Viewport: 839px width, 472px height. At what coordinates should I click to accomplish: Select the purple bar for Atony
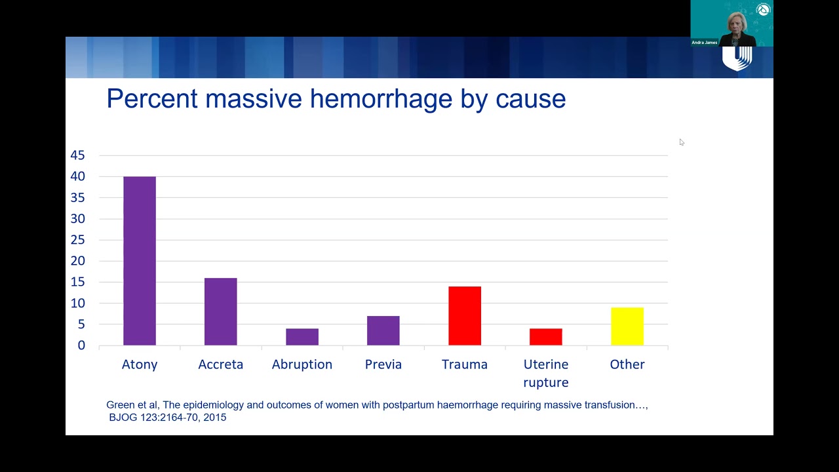[x=140, y=261]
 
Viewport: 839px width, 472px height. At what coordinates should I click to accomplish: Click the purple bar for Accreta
[x=221, y=311]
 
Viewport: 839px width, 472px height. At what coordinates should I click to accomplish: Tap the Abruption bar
[x=302, y=337]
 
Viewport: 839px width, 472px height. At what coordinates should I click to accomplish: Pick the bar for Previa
[x=383, y=330]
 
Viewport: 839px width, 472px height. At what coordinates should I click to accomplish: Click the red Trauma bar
[x=465, y=316]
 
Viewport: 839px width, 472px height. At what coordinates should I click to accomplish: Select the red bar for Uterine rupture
[x=546, y=337]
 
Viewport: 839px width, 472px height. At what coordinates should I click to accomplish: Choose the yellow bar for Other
[x=627, y=326]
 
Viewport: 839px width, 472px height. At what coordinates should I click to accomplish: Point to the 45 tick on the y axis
[x=77, y=155]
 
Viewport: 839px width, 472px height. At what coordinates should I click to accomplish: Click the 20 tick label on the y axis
[x=77, y=261]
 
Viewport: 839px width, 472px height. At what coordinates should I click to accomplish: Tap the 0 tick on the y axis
[x=81, y=345]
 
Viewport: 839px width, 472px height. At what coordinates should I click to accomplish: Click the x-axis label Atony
[x=140, y=364]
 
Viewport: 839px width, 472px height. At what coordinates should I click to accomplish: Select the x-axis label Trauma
[x=465, y=364]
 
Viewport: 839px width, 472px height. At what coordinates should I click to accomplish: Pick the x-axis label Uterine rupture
[x=546, y=374]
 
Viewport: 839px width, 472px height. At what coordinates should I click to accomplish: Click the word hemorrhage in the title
[x=381, y=99]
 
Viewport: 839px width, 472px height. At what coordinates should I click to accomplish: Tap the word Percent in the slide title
[x=152, y=99]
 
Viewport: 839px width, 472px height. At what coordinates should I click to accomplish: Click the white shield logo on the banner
[x=737, y=58]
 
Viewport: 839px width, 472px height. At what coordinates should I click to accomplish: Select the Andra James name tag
[x=704, y=43]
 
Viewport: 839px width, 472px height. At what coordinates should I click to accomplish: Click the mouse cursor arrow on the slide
[x=682, y=142]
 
